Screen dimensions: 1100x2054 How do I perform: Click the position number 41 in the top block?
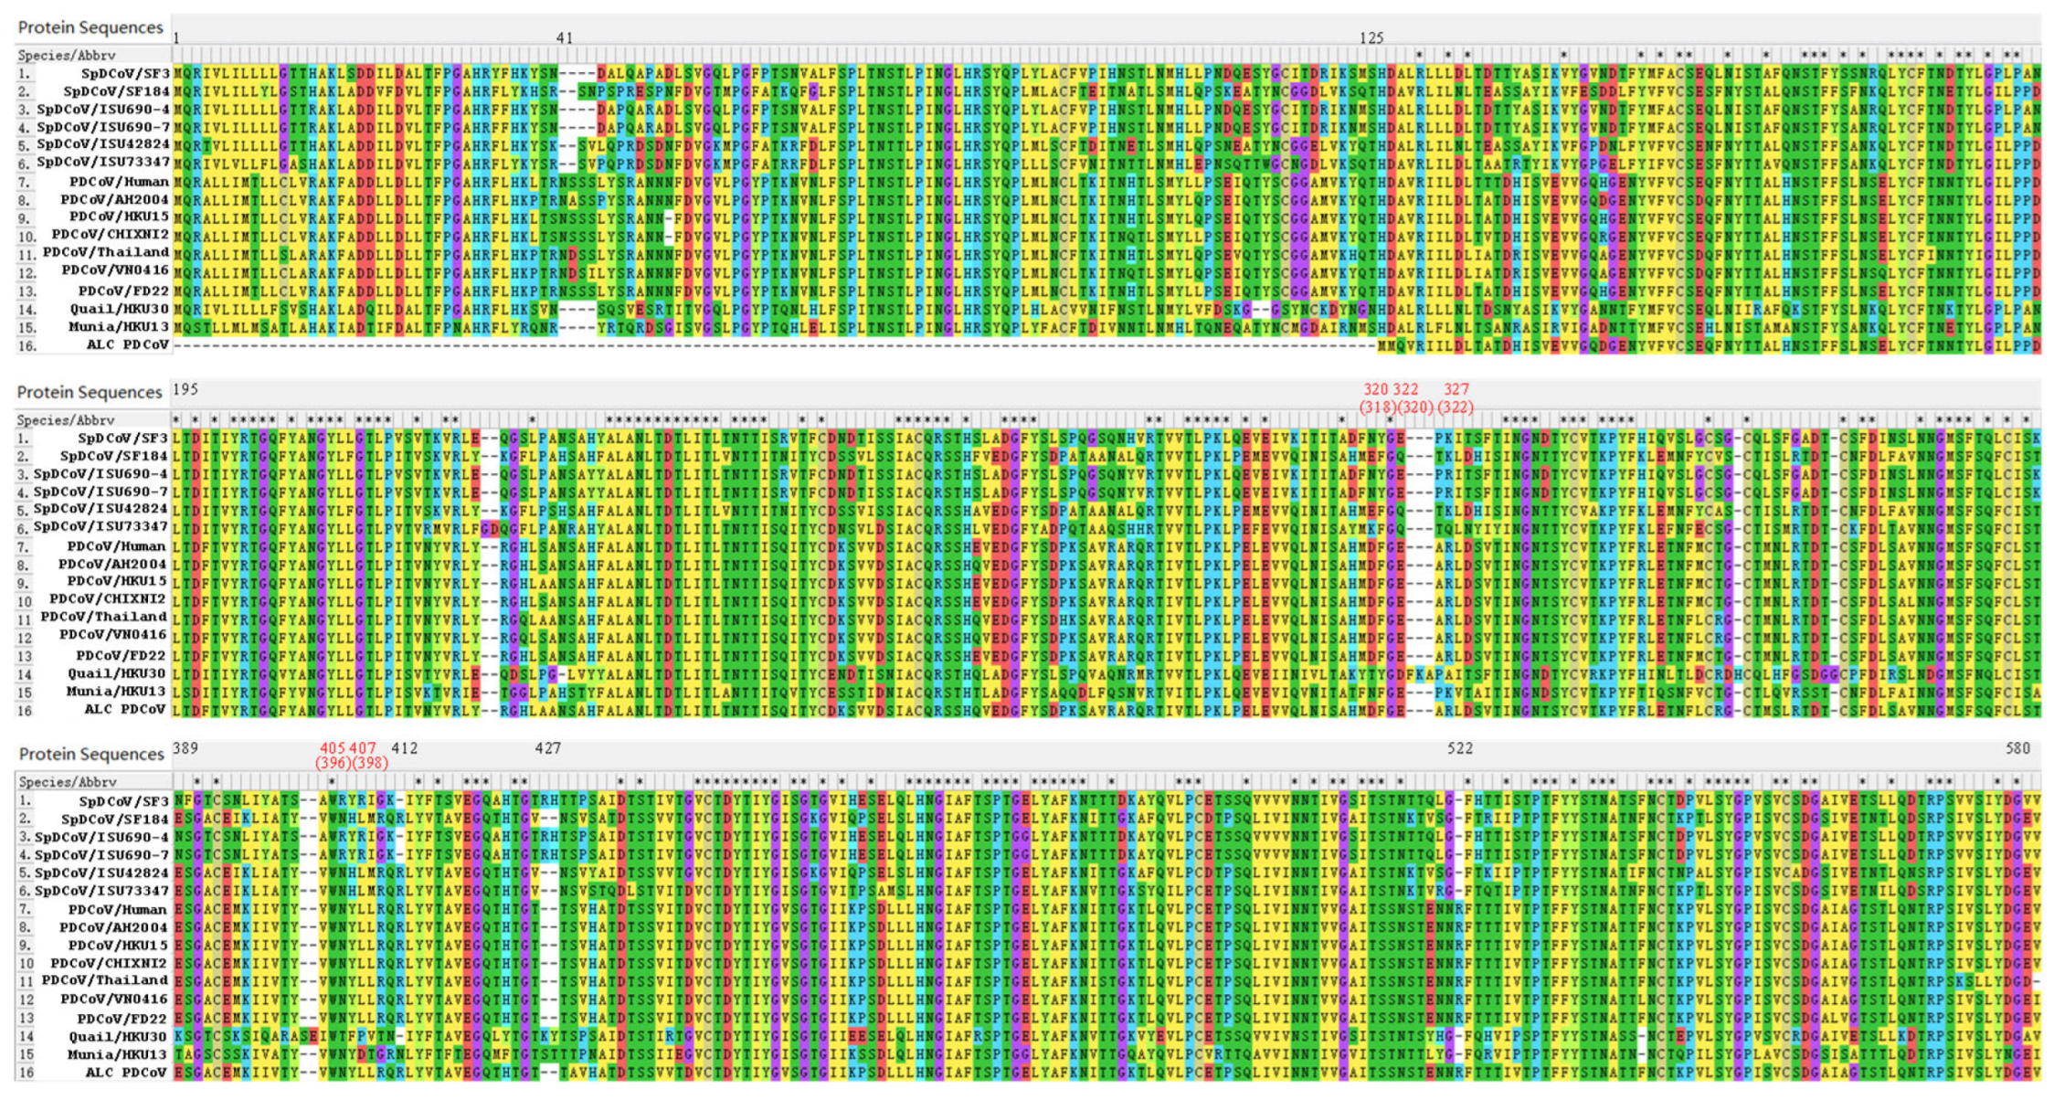565,38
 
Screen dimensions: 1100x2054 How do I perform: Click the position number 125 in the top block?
1371,38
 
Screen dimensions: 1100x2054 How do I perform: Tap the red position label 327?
1456,389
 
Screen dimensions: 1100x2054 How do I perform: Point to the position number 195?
185,389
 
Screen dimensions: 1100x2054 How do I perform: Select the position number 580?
2017,748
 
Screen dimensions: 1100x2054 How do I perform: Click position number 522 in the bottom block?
1460,748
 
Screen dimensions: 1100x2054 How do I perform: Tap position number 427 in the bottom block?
548,748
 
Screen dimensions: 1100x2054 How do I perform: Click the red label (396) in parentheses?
334,763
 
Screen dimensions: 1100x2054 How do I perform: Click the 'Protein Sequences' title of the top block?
90,27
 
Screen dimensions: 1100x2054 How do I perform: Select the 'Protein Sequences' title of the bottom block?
92,754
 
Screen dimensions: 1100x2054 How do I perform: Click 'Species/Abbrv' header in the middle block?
67,420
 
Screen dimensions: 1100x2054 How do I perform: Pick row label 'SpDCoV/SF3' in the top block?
123,73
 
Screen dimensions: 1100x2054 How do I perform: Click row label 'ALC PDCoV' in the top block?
128,345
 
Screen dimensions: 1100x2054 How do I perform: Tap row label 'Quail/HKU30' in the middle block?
117,674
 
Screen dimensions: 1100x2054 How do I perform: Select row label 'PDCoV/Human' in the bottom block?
117,910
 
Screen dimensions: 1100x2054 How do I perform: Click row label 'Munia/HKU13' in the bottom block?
116,1054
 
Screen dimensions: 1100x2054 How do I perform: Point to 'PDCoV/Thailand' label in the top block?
106,253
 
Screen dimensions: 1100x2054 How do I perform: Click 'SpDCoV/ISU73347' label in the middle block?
101,528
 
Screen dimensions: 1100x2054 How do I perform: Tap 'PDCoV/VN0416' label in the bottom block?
114,1000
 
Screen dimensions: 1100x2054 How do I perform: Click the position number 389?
185,748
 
